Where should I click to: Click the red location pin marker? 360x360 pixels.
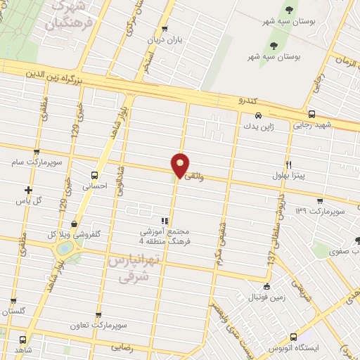pyautogui.click(x=180, y=164)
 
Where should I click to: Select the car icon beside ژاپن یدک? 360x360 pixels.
pyautogui.click(x=258, y=115)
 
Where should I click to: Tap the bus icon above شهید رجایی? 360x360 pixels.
pyautogui.click(x=311, y=114)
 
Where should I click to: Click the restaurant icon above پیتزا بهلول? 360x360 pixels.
pyautogui.click(x=288, y=164)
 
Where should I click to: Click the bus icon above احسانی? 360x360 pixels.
pyautogui.click(x=94, y=175)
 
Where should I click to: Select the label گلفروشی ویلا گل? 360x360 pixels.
pyautogui.click(x=74, y=234)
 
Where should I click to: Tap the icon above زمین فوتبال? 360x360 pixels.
pyautogui.click(x=266, y=286)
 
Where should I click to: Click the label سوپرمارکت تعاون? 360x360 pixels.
pyautogui.click(x=98, y=326)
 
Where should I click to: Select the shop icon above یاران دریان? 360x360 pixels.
pyautogui.click(x=165, y=30)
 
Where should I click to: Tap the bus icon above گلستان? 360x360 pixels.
pyautogui.click(x=13, y=301)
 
